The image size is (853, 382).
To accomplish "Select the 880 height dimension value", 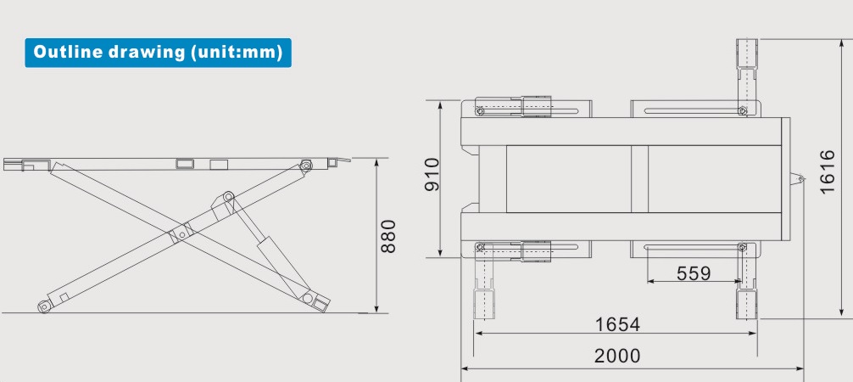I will [x=389, y=236].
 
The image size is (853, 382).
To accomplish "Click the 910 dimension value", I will [x=432, y=175].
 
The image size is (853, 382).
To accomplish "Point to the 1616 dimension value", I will [x=828, y=172].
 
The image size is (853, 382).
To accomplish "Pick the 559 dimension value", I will [x=694, y=272].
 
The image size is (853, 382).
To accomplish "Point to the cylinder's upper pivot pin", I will [x=228, y=198].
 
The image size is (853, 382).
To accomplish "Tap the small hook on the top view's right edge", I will [x=797, y=178].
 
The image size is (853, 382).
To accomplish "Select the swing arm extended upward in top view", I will [x=745, y=72].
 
